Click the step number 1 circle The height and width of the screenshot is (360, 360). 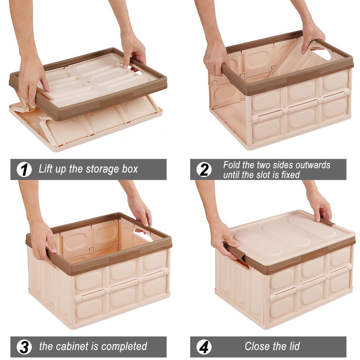[24, 169]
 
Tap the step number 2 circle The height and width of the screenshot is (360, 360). [204, 169]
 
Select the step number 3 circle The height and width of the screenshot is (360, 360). [24, 347]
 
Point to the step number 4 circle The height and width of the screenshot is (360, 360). [204, 347]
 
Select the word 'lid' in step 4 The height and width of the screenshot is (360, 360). [293, 346]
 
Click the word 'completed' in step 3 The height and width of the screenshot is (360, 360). [124, 347]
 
